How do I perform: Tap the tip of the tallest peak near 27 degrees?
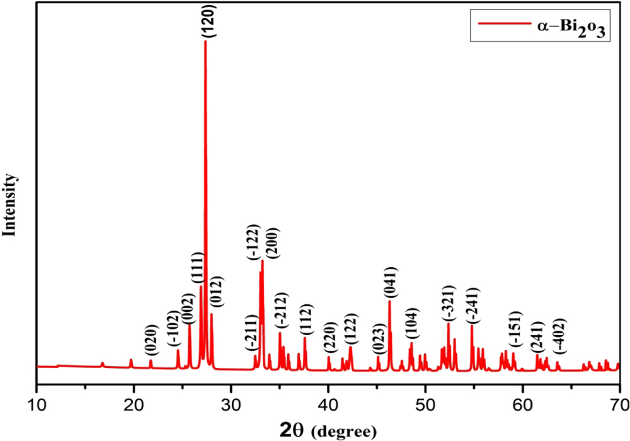(x=205, y=42)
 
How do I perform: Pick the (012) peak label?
(x=215, y=294)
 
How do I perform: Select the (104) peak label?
(x=411, y=324)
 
